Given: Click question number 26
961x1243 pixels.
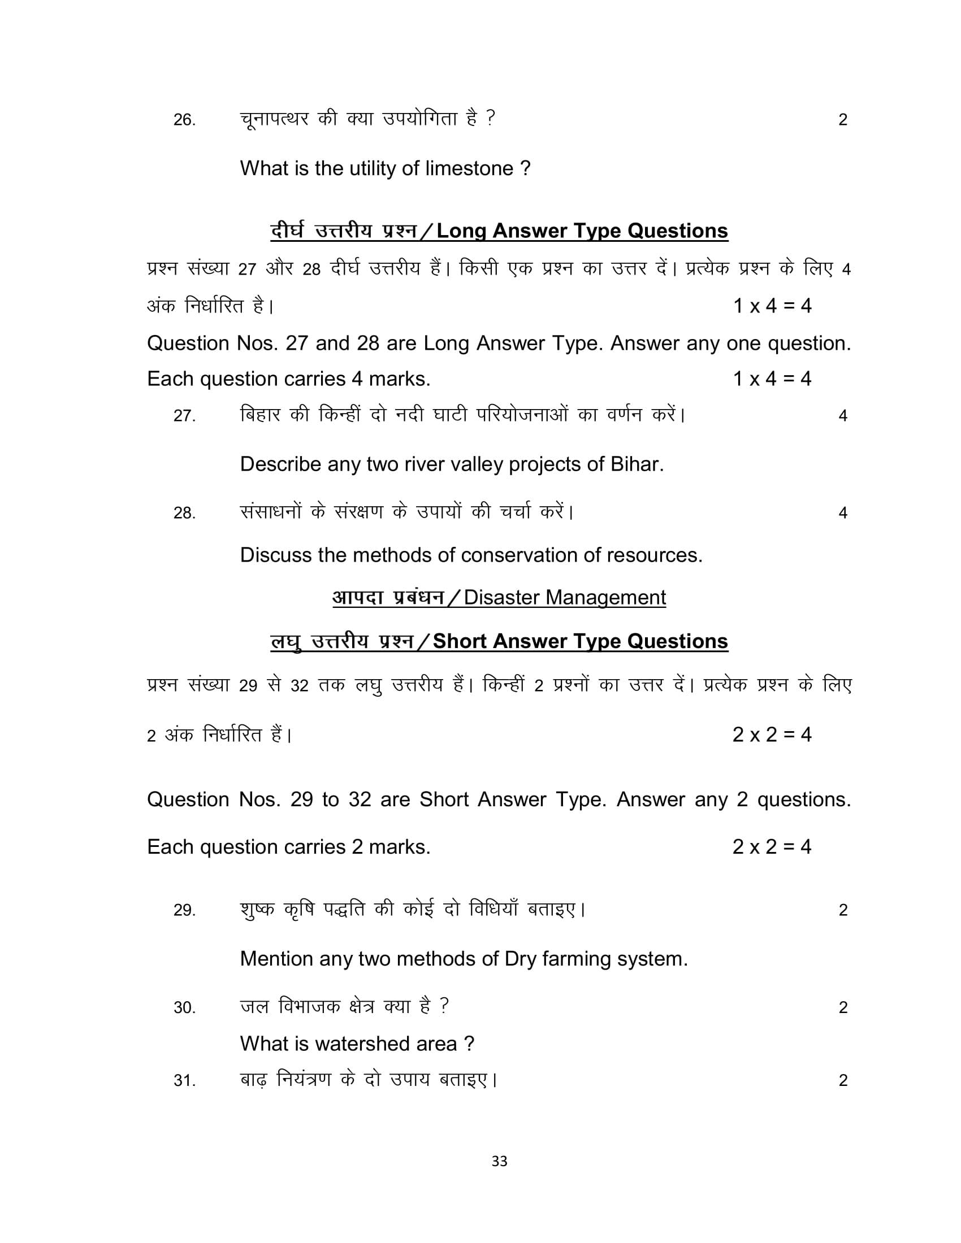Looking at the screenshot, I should (x=184, y=120).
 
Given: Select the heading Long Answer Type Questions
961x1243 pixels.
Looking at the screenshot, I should (x=582, y=231).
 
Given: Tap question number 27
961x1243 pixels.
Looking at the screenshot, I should (x=184, y=416).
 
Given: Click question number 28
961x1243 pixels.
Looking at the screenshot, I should (x=184, y=514).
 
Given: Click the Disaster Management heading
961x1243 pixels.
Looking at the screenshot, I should (x=564, y=598).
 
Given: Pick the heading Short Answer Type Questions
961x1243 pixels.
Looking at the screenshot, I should (x=580, y=641).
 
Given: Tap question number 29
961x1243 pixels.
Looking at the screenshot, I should (x=184, y=911).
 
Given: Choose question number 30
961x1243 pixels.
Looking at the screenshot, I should (x=184, y=1008).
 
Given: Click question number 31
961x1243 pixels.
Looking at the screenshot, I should (x=184, y=1081).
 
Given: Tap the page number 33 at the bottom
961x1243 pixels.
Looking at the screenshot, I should (x=499, y=1161).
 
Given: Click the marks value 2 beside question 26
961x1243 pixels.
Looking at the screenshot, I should (x=843, y=120).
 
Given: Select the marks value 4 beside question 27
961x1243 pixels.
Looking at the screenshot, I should (x=843, y=416).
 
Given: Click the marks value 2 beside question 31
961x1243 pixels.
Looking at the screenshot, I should (x=843, y=1081).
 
